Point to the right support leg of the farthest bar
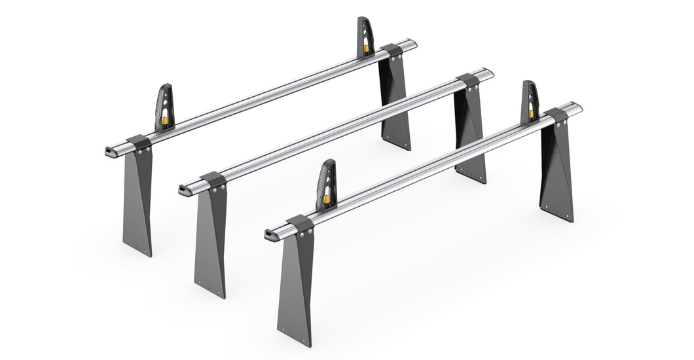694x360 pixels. pos(395,105)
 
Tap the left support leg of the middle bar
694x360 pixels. pos(210,236)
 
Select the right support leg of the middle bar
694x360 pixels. pos(470,134)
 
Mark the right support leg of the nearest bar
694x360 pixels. pos(557,170)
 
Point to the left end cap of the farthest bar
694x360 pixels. pos(108,151)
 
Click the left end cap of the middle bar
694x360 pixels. pos(183,190)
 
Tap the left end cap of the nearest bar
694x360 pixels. pos(269,234)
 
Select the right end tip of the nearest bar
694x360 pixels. pos(579,107)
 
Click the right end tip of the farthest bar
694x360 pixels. pos(413,43)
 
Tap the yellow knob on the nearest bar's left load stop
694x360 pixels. pos(325,198)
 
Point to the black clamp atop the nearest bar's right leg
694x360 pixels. pos(557,116)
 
